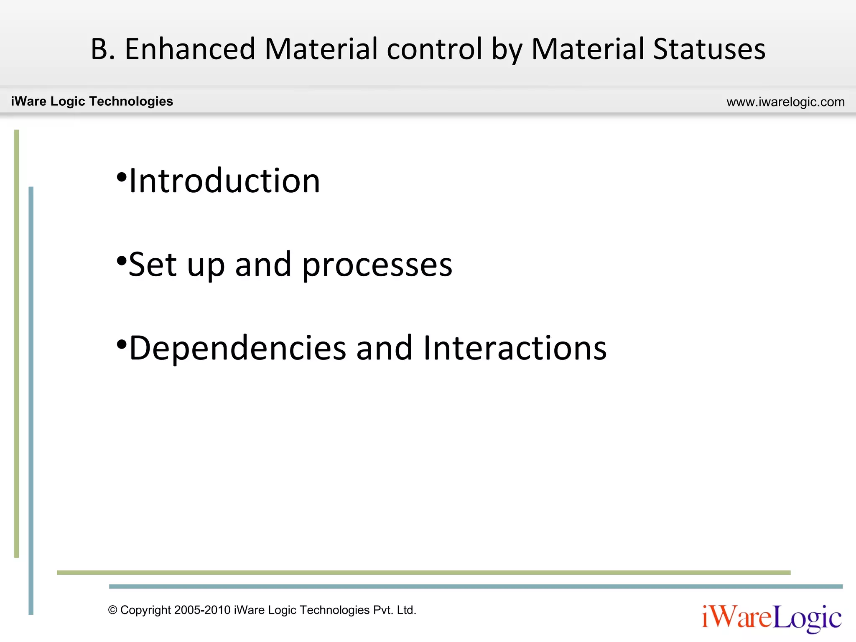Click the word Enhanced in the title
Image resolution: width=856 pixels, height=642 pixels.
(190, 49)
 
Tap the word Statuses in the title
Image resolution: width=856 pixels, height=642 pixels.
(709, 49)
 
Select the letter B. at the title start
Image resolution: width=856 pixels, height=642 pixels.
(103, 49)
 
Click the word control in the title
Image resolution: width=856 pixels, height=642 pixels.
(435, 49)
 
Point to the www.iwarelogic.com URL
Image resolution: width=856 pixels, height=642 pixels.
(785, 102)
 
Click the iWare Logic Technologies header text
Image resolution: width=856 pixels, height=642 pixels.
(92, 101)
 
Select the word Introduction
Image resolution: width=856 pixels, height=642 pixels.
(224, 181)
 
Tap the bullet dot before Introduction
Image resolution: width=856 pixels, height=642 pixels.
(121, 177)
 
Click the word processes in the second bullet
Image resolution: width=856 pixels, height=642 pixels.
(377, 265)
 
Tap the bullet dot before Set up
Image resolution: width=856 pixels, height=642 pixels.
(121, 261)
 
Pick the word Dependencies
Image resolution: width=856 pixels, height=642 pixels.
(238, 348)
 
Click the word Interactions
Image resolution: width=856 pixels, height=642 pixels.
(515, 348)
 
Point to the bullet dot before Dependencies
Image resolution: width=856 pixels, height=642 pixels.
(121, 345)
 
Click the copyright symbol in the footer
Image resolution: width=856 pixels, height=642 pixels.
(112, 610)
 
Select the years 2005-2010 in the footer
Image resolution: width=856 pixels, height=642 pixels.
(203, 610)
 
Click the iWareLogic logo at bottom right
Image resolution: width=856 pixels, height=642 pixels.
(771, 618)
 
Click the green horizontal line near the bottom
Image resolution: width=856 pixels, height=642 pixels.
(423, 572)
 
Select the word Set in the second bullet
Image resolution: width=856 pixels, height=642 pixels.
(152, 265)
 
